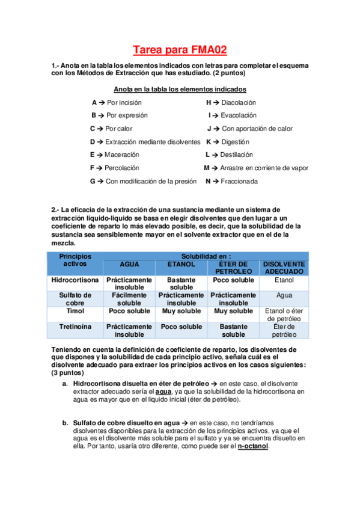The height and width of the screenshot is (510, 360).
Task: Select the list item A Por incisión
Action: pyautogui.click(x=117, y=103)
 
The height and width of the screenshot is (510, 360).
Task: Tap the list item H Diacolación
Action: pyautogui.click(x=231, y=103)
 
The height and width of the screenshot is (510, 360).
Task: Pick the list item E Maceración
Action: pyautogui.click(x=114, y=155)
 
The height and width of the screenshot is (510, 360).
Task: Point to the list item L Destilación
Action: pyautogui.click(x=229, y=155)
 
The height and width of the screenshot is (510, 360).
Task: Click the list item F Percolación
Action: pyautogui.click(x=114, y=168)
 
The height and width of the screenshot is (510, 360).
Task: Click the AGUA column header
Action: pyautogui.click(x=129, y=264)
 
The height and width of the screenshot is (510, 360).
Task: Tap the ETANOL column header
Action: pyautogui.click(x=181, y=264)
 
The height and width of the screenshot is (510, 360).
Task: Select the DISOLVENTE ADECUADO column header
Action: pyautogui.click(x=284, y=268)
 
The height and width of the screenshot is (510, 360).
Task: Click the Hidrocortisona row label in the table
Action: pyautogui.click(x=75, y=280)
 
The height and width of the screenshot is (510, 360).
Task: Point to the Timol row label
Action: pyautogui.click(x=75, y=312)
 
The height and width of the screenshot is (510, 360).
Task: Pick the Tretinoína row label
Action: pyautogui.click(x=75, y=327)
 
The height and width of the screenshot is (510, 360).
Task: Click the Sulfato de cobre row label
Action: pyautogui.click(x=75, y=299)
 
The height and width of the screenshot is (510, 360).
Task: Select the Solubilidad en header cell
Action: pyautogui.click(x=207, y=256)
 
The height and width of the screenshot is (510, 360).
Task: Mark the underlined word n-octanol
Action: pyautogui.click(x=253, y=446)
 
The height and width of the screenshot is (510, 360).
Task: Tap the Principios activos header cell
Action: pyautogui.click(x=75, y=260)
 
